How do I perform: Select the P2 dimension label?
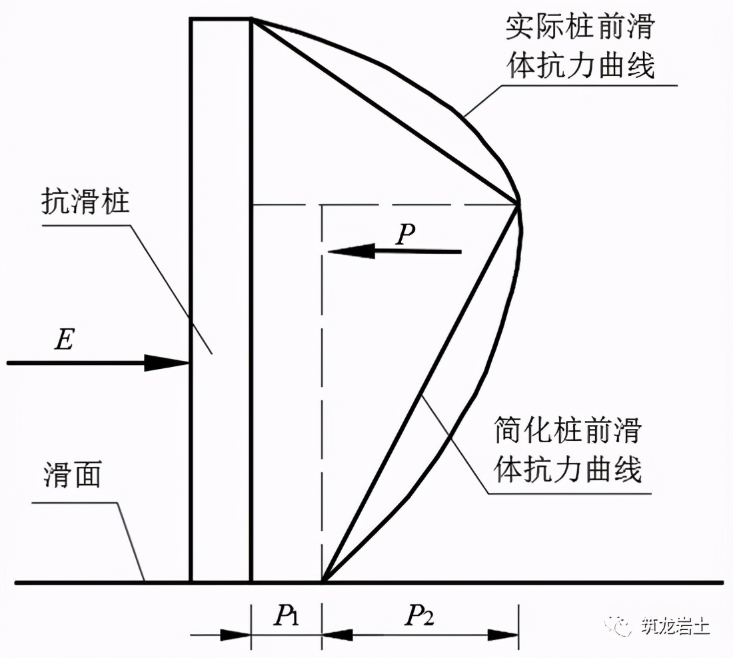point(419,618)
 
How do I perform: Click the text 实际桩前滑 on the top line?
point(580,29)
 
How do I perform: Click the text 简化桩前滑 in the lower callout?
point(567,431)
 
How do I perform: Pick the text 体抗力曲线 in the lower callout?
point(568,469)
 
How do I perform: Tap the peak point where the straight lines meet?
point(518,203)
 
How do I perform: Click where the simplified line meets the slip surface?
point(323,581)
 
